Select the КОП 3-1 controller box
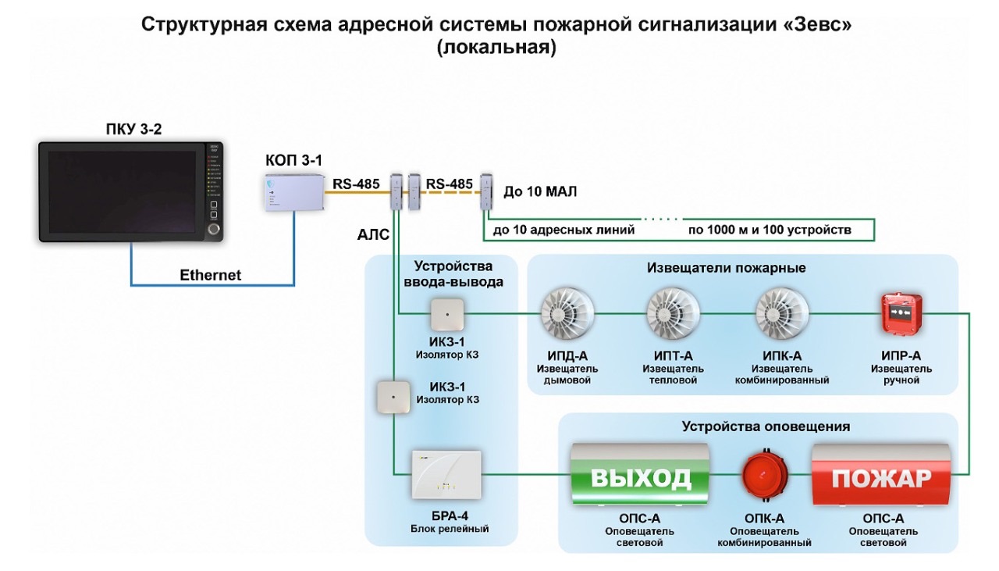[294, 193]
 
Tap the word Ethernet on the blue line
[211, 275]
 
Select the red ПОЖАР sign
[881, 476]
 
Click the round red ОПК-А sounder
[764, 476]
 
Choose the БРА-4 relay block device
[446, 476]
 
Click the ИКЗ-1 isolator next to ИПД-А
[446, 315]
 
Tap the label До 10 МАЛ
[540, 191]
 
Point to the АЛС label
[374, 235]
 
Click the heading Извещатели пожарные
[726, 268]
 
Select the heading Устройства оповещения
[766, 426]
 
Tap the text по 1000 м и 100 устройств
[769, 230]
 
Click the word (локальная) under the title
[496, 48]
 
